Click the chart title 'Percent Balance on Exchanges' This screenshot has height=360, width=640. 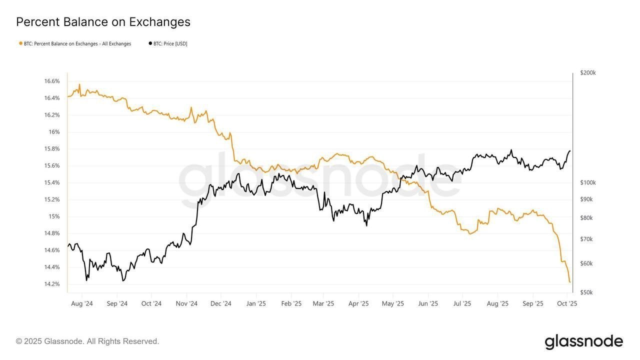(x=103, y=22)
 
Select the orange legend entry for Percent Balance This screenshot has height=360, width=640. (x=75, y=43)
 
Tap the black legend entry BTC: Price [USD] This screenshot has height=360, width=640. (x=168, y=43)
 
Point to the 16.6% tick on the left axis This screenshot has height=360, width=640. (x=51, y=81)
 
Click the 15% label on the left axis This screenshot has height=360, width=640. (x=54, y=216)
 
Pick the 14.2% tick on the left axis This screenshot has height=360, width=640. (x=51, y=284)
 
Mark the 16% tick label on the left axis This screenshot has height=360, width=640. (x=54, y=132)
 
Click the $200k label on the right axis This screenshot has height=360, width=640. (x=588, y=72)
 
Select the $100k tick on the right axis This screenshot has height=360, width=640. (x=588, y=182)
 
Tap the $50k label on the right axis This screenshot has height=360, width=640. (x=586, y=292)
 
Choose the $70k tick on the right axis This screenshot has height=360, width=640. (x=586, y=239)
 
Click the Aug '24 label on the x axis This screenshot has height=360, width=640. (x=82, y=303)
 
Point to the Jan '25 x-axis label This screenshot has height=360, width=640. (x=256, y=303)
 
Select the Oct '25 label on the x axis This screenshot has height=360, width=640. (x=567, y=303)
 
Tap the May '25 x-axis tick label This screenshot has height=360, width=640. (x=392, y=303)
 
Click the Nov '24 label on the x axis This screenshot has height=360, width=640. (x=186, y=303)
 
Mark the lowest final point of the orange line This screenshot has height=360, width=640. (x=569, y=282)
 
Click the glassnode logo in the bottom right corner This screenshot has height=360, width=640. (x=583, y=342)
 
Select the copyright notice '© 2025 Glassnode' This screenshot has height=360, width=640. (x=87, y=341)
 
